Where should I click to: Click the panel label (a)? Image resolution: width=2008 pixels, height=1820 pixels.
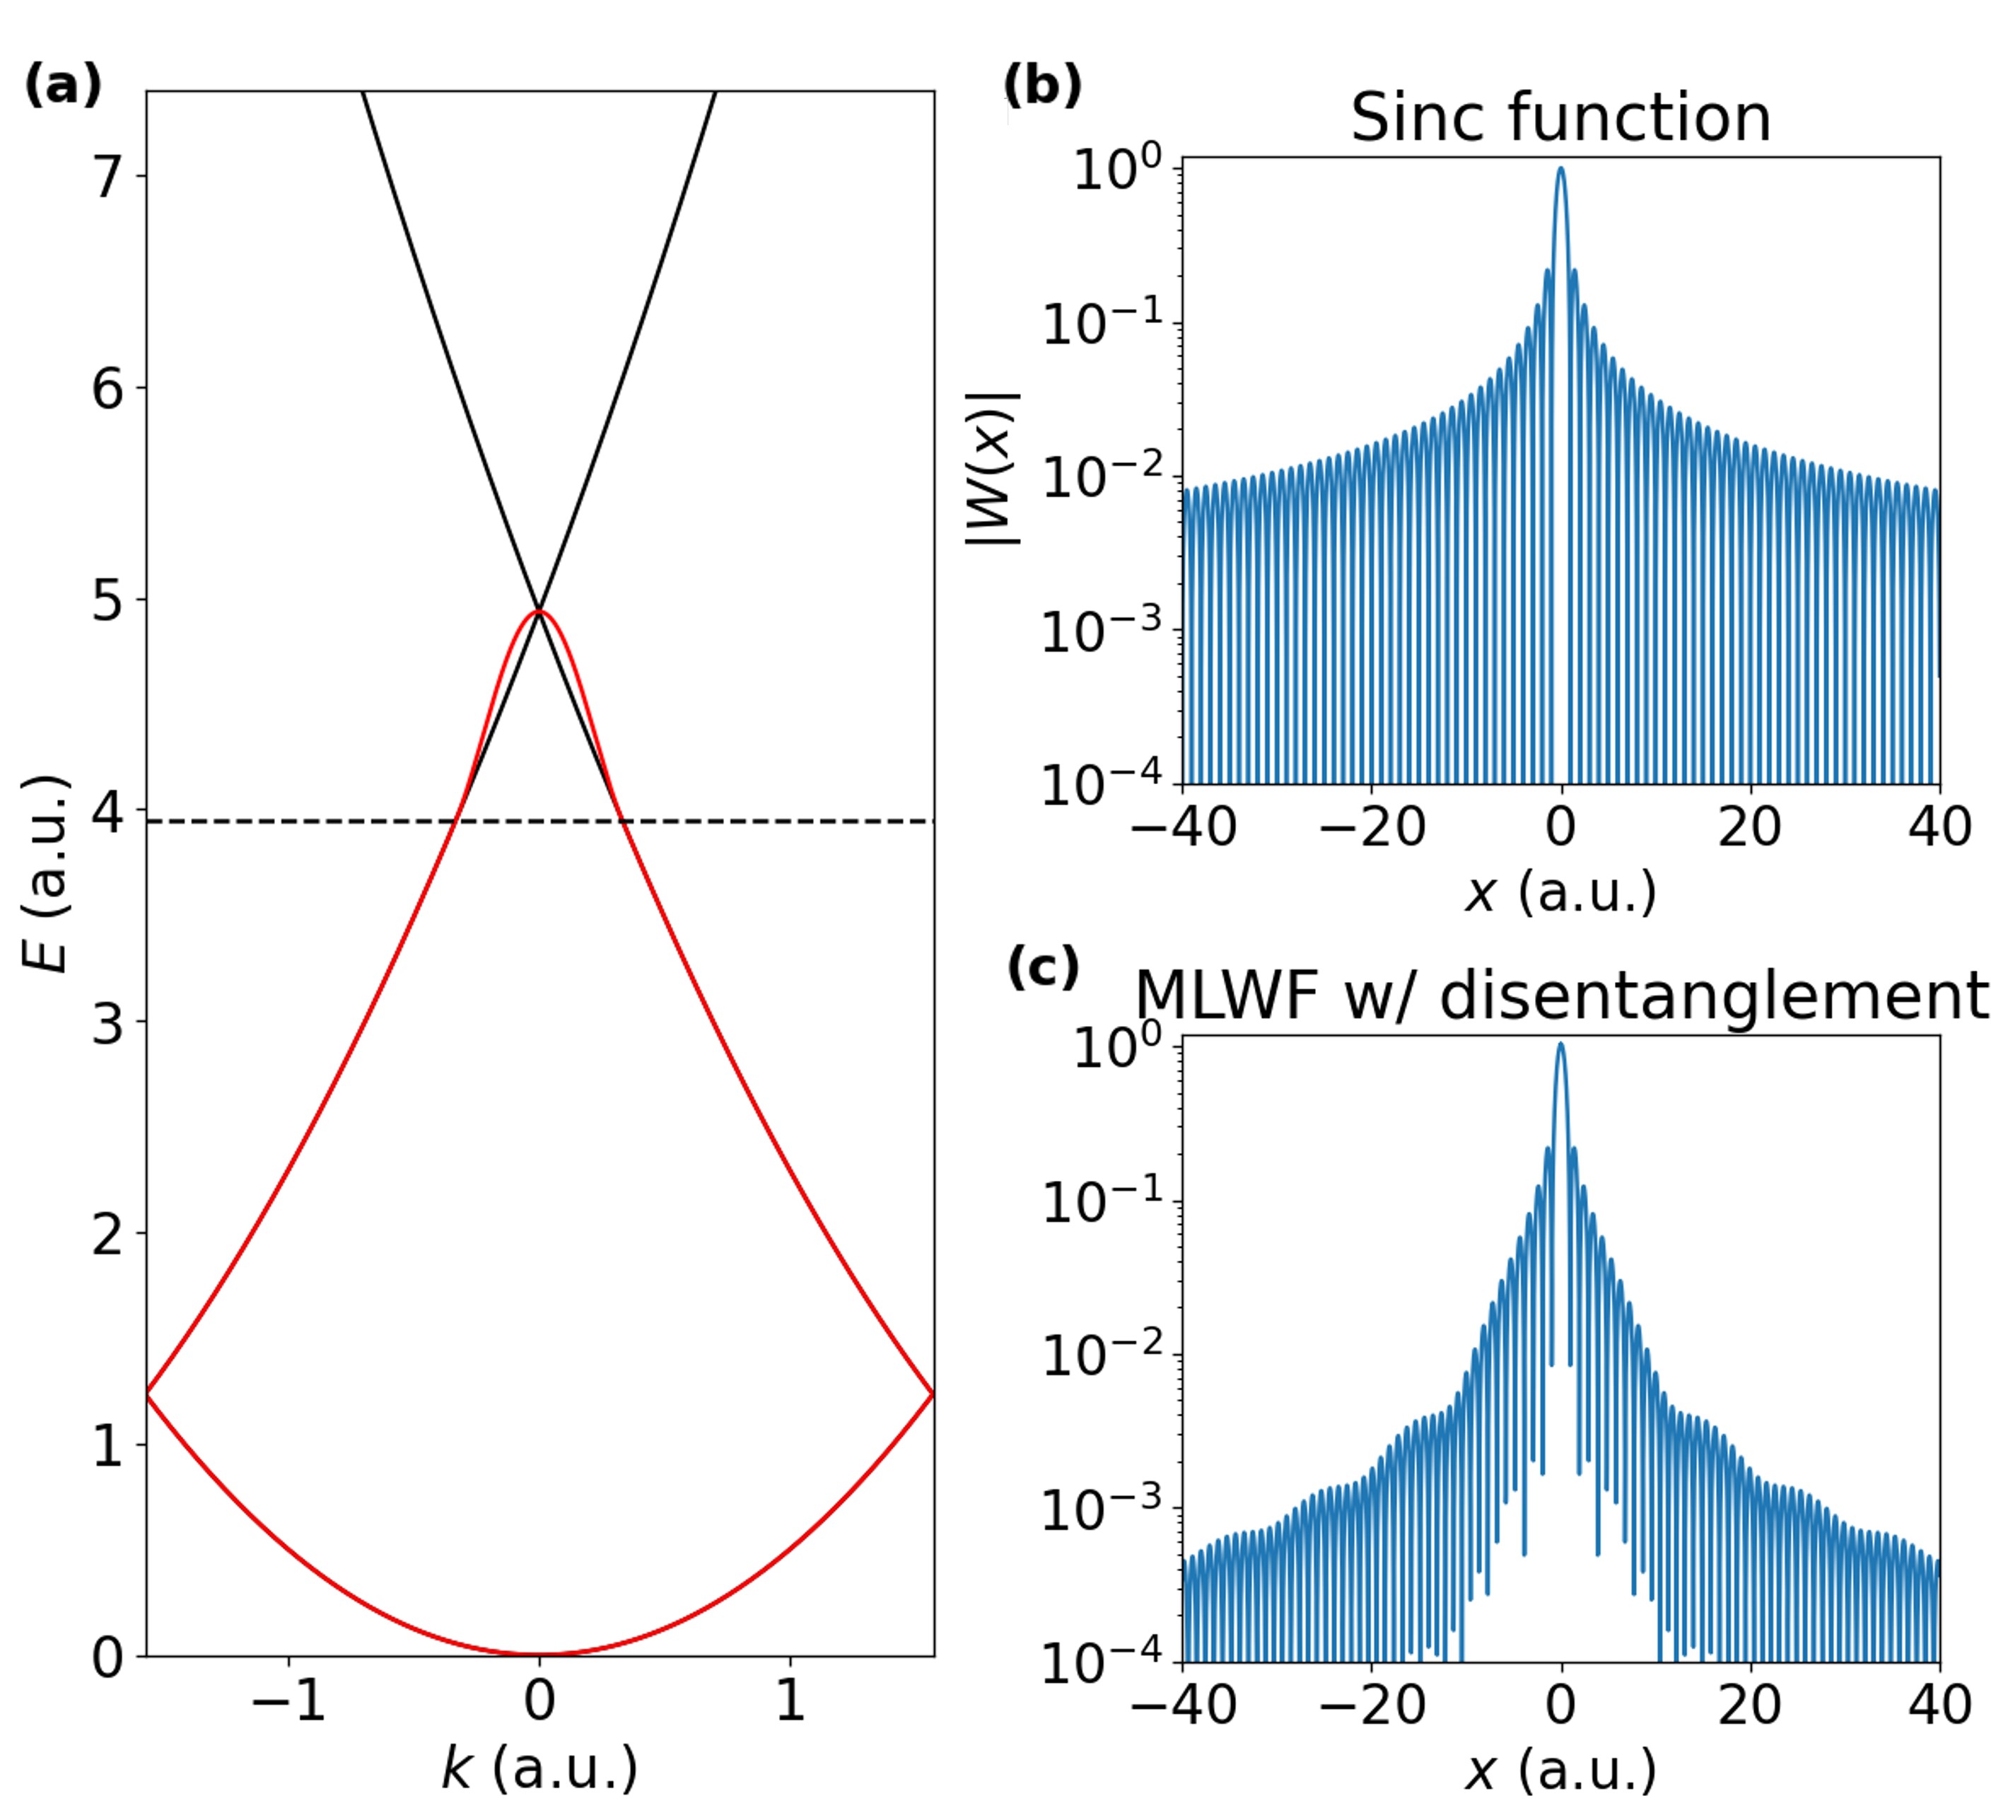pyautogui.click(x=62, y=85)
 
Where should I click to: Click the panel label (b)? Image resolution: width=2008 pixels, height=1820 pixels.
pyautogui.click(x=1042, y=85)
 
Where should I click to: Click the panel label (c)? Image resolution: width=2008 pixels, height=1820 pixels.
pyautogui.click(x=1043, y=967)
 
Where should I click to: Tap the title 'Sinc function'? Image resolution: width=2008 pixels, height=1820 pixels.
pyautogui.click(x=1560, y=117)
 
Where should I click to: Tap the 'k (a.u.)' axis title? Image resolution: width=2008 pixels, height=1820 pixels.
pyautogui.click(x=539, y=1771)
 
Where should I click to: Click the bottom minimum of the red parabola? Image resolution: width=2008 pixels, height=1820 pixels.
pyautogui.click(x=539, y=1654)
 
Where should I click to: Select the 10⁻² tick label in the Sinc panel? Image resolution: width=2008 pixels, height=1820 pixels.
pyautogui.click(x=1102, y=477)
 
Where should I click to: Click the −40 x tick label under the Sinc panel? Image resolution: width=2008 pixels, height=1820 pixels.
pyautogui.click(x=1184, y=827)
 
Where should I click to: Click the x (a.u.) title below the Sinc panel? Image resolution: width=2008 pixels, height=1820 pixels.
pyautogui.click(x=1560, y=892)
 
